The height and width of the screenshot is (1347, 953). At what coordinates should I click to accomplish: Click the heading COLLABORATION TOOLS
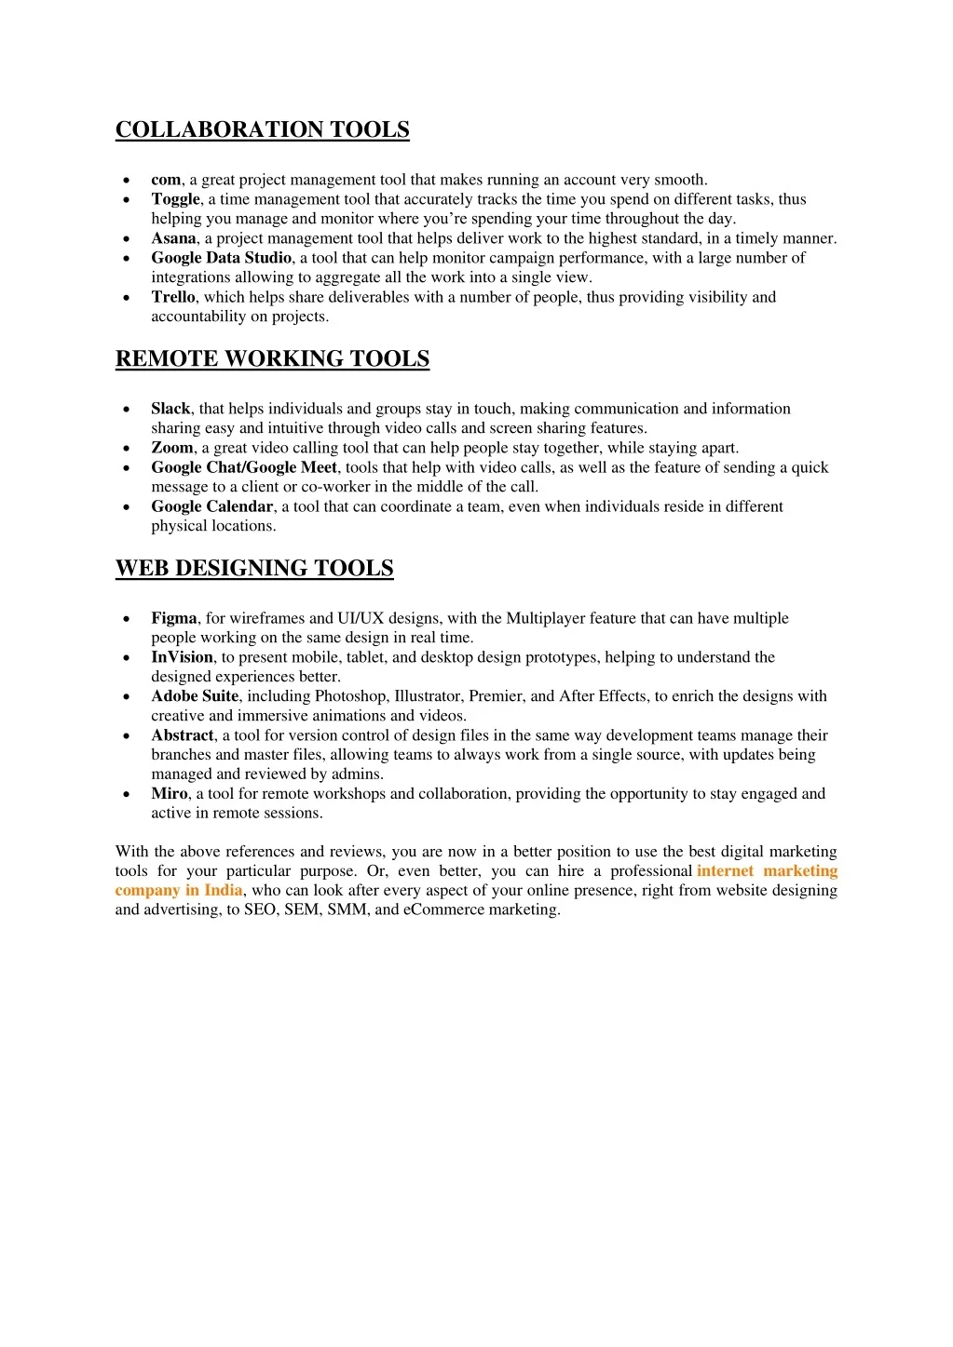point(262,129)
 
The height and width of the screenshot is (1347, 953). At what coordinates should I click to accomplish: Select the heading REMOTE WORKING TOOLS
point(272,358)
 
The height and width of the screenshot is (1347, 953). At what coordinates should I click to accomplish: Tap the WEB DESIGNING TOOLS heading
point(254,568)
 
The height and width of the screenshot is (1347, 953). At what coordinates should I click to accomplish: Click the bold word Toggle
point(175,199)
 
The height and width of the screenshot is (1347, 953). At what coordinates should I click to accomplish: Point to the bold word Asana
point(173,238)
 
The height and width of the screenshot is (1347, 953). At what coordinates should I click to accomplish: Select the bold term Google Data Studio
point(222,258)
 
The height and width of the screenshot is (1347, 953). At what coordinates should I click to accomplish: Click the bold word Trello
point(173,297)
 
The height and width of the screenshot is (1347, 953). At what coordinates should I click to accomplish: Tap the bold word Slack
point(170,409)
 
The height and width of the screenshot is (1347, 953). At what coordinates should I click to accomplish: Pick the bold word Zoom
point(172,448)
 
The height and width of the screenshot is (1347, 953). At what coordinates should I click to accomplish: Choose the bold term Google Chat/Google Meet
point(244,467)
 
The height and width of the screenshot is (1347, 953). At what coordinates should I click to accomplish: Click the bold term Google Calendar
point(212,506)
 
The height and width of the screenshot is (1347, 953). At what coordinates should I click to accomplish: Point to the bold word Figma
point(174,618)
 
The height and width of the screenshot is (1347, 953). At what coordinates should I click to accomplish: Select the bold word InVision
point(183,657)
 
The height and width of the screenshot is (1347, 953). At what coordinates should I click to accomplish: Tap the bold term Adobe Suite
point(195,696)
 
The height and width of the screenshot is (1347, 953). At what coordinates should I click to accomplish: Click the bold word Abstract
point(183,735)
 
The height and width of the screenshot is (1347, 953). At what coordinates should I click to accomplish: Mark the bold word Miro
point(170,794)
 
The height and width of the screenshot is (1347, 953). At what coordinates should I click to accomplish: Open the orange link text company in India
point(179,891)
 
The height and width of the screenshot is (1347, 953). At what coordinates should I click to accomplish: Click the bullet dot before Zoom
point(127,449)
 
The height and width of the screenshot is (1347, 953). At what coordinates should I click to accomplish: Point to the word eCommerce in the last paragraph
point(443,910)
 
